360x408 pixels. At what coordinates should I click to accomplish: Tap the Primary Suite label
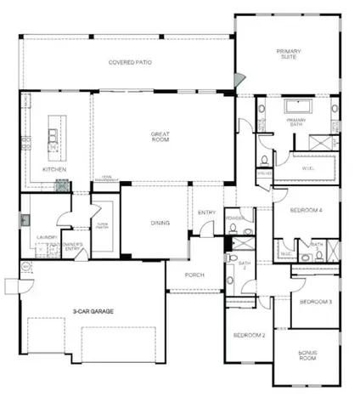click(288, 55)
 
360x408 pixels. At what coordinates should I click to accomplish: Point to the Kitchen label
click(54, 169)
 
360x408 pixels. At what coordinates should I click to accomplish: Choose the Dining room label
click(160, 224)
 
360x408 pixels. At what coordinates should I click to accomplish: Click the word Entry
click(206, 212)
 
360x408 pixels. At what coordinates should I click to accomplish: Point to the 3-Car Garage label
click(93, 312)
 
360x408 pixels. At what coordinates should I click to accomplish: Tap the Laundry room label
click(35, 238)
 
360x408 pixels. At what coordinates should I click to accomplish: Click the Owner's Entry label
click(73, 247)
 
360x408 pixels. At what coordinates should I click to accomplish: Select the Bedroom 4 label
click(305, 210)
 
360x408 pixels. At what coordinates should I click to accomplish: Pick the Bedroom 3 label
click(315, 302)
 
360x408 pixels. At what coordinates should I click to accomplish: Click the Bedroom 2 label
click(250, 337)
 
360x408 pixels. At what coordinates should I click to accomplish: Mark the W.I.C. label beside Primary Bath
click(308, 169)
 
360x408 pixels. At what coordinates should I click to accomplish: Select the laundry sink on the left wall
click(25, 218)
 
